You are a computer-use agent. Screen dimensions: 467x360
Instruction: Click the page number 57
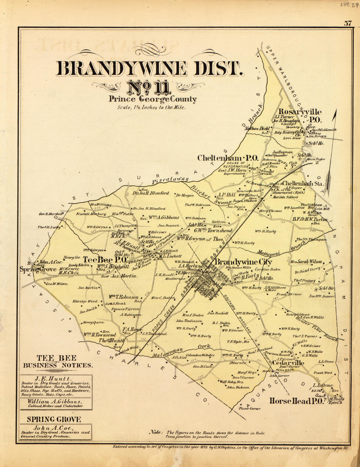click(x=348, y=23)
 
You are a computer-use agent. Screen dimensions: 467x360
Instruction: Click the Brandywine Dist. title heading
click(x=150, y=69)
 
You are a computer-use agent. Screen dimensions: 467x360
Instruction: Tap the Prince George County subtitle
click(x=153, y=99)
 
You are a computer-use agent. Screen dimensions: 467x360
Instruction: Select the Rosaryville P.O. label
click(x=300, y=115)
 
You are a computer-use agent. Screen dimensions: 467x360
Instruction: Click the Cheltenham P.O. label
click(x=228, y=158)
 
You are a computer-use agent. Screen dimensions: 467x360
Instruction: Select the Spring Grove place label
click(x=38, y=270)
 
